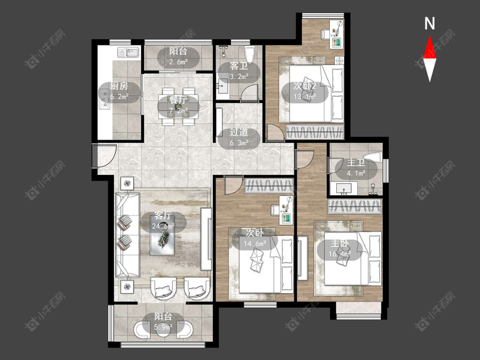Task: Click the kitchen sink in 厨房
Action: tap(128, 52)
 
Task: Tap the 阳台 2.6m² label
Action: tap(178, 57)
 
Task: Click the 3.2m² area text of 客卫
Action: tap(239, 76)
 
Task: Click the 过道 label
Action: tap(239, 133)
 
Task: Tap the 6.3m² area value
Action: tap(239, 143)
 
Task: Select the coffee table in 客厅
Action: tap(162, 235)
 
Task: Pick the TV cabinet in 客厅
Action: tap(206, 239)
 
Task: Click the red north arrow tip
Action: tap(430, 36)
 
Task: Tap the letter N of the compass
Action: tap(430, 23)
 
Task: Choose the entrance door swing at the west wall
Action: tap(105, 156)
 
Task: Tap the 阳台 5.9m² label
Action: tap(163, 322)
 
